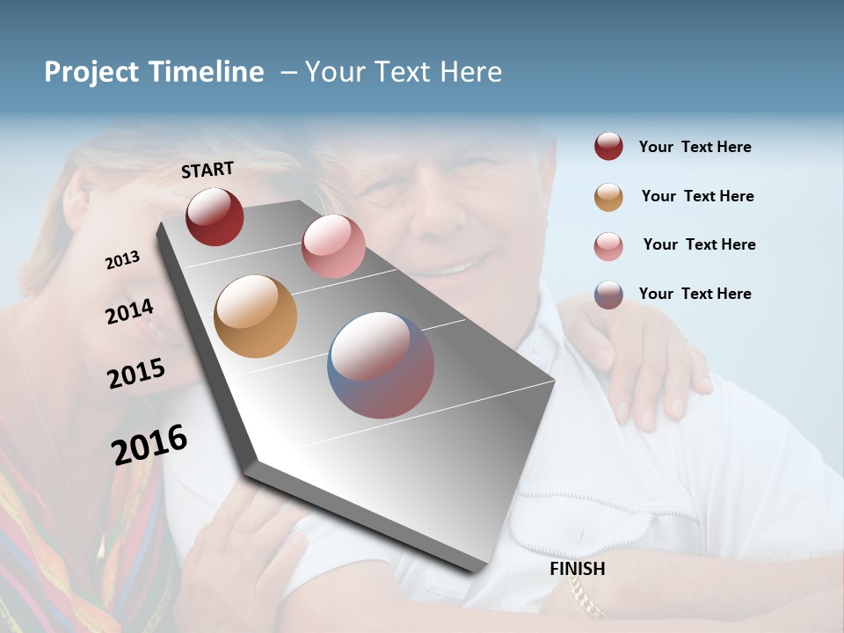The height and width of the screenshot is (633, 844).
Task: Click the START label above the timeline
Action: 207,170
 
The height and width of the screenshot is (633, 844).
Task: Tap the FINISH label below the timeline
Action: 578,569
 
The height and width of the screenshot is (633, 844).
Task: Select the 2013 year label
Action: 122,260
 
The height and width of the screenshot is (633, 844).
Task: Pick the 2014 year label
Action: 129,312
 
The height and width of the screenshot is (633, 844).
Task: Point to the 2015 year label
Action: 136,374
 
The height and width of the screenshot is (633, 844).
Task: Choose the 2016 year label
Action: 149,445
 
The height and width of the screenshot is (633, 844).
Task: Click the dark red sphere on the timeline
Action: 215,216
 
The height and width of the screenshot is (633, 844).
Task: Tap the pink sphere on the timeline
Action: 333,246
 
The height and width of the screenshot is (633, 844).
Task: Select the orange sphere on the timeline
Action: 255,316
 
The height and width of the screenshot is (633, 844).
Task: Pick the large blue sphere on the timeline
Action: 381,365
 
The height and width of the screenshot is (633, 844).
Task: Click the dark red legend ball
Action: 608,147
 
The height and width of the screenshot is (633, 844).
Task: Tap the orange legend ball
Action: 608,197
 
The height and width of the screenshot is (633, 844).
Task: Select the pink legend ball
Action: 608,246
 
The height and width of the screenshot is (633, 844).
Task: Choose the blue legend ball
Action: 608,295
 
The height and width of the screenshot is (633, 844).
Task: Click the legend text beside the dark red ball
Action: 695,148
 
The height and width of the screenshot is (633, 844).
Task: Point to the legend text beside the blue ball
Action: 695,294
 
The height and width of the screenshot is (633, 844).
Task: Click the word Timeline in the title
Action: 207,72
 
